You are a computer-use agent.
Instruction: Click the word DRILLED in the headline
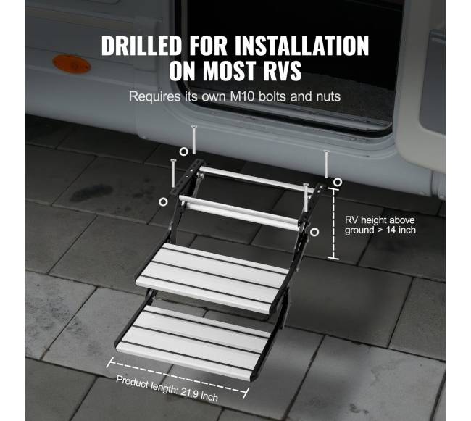click(x=141, y=46)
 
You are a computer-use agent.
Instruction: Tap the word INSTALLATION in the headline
click(x=302, y=46)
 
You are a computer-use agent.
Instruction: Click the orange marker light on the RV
click(x=72, y=64)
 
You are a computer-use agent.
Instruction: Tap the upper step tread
click(x=212, y=278)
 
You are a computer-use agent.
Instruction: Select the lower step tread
click(x=193, y=342)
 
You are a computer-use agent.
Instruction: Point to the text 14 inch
click(x=401, y=230)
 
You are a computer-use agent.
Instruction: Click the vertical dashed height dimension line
click(x=333, y=223)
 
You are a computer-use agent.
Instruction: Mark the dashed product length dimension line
click(x=178, y=378)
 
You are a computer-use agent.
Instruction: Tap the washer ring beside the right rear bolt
click(x=338, y=182)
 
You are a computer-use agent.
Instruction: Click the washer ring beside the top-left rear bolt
click(x=183, y=151)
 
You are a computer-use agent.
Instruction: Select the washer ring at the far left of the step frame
click(x=163, y=201)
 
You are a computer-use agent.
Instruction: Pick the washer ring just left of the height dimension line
click(x=314, y=232)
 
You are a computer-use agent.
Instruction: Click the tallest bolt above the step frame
click(x=193, y=139)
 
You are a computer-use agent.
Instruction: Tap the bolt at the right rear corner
click(x=326, y=164)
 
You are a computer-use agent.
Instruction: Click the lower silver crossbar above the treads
click(x=240, y=212)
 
